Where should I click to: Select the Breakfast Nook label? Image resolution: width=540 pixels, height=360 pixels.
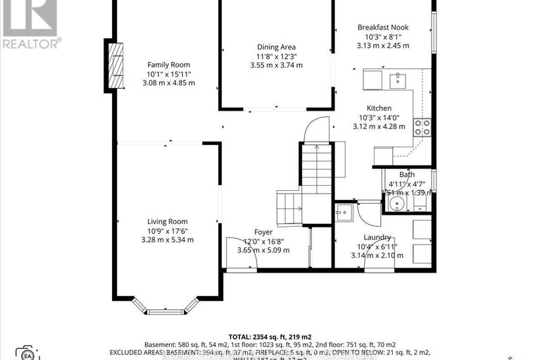(x=382, y=27)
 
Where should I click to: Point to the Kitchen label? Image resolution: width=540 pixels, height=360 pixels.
(x=379, y=108)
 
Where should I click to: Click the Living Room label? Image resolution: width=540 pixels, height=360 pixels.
(x=167, y=221)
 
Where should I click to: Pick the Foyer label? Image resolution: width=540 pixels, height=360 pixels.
(x=263, y=232)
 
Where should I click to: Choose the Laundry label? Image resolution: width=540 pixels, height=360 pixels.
(x=377, y=237)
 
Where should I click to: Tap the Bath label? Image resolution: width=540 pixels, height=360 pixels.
(x=407, y=174)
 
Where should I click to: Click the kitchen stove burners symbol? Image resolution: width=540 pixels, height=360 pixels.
(x=422, y=127)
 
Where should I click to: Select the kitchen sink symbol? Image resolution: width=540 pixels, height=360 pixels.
(x=396, y=79)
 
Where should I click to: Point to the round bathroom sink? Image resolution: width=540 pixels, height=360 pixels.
(x=396, y=204)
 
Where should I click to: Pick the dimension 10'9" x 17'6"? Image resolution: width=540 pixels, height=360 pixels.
(x=167, y=230)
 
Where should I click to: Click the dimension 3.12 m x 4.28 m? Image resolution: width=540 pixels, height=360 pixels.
(x=379, y=127)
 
